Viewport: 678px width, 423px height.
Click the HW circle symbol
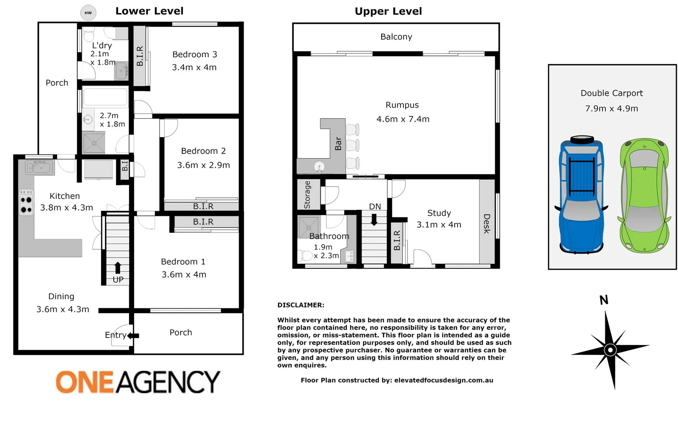[88, 13]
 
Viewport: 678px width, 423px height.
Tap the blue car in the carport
[581, 195]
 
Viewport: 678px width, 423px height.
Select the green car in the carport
[644, 195]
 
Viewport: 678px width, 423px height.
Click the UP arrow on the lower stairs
[118, 268]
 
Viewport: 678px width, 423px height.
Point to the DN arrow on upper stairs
[374, 219]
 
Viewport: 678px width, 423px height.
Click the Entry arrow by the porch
[133, 336]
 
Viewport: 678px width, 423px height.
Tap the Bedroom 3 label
[194, 54]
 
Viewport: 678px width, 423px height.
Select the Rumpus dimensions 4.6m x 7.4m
[402, 119]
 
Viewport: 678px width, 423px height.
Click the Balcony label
[396, 37]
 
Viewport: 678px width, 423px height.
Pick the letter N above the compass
[604, 300]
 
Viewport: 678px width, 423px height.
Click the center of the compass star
[610, 350]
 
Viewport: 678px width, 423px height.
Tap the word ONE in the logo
[85, 382]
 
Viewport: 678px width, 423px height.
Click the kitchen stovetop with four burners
[26, 203]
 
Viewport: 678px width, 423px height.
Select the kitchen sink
[39, 168]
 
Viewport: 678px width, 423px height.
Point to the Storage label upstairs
[307, 195]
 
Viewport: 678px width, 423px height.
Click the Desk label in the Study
[487, 224]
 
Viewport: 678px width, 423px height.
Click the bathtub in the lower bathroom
[105, 97]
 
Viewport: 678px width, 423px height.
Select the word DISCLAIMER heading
[301, 305]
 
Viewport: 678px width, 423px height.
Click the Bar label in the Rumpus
[338, 144]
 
